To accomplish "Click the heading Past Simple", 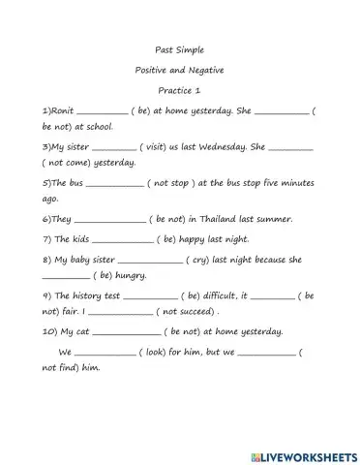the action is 179,48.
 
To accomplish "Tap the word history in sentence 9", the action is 87,295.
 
